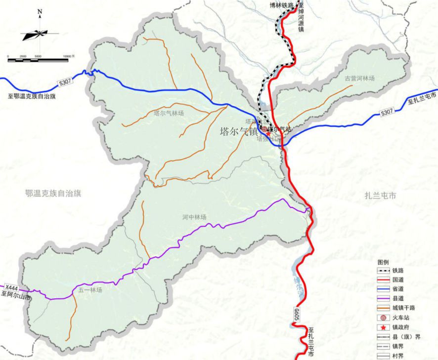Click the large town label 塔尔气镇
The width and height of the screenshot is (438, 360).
(239, 132)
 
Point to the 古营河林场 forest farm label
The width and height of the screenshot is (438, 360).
(360, 78)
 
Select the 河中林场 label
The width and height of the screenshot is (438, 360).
(194, 217)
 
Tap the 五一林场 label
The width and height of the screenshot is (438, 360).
(90, 290)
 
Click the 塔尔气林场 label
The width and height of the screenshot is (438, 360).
(169, 113)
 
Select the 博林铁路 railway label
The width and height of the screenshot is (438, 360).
(281, 5)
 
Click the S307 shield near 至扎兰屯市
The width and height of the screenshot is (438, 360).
(388, 113)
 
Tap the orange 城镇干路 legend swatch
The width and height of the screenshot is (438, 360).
(383, 308)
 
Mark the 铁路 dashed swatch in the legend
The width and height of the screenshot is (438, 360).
(383, 270)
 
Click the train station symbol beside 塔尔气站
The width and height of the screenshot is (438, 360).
(264, 129)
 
